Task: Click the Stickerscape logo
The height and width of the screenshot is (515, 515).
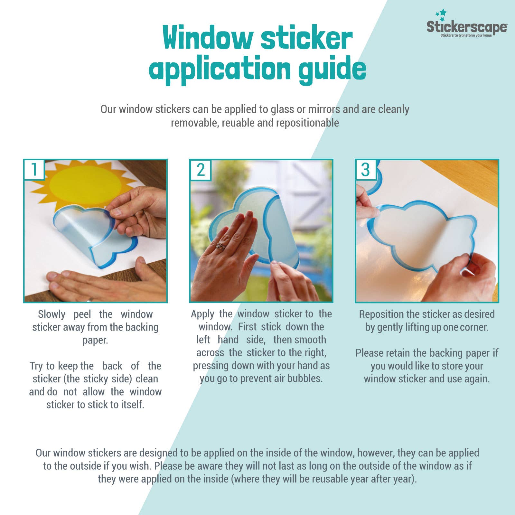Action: (466, 27)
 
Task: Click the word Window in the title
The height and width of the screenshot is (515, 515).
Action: (208, 38)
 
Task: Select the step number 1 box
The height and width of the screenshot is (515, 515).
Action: (34, 169)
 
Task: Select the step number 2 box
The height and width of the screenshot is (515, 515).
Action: (200, 169)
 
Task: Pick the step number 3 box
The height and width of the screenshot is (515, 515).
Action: (366, 169)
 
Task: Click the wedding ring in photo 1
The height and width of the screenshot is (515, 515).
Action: (90, 299)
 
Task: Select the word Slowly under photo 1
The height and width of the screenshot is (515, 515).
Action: (51, 314)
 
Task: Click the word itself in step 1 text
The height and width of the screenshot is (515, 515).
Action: (132, 405)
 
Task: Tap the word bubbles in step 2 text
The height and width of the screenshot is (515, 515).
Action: (304, 379)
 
